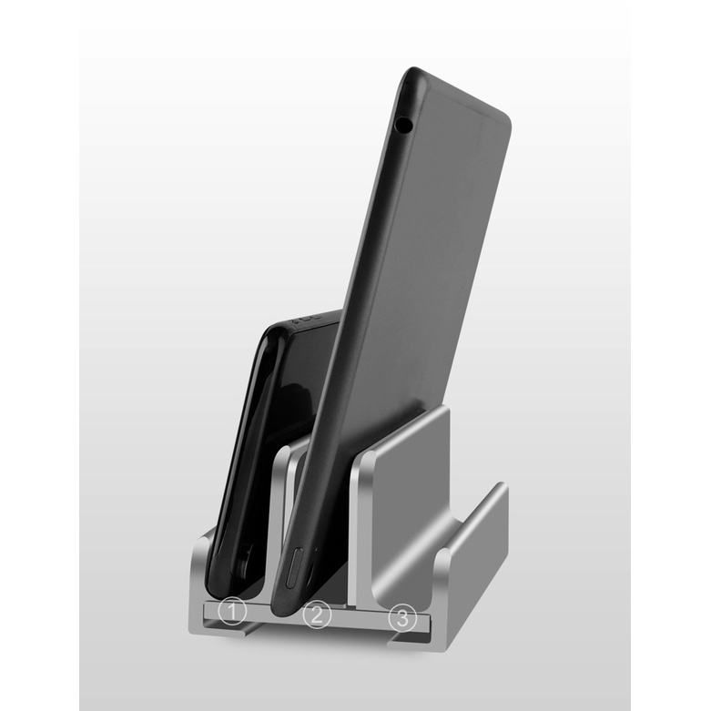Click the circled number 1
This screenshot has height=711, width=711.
tap(232, 611)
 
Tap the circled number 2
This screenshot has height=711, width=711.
tap(317, 615)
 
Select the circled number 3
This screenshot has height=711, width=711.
tap(402, 617)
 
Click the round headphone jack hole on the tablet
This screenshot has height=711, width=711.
tap(402, 123)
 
